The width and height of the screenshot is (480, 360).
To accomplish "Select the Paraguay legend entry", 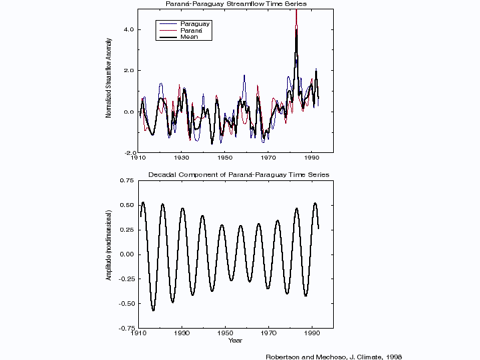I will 194,24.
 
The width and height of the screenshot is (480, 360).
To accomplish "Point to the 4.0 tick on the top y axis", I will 128,29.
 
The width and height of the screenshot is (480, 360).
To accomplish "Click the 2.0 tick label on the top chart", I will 128,71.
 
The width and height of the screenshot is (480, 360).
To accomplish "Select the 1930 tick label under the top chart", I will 182,159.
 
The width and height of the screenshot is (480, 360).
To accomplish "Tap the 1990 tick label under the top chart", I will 312,159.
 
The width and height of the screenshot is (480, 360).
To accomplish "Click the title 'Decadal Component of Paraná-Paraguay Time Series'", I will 238,175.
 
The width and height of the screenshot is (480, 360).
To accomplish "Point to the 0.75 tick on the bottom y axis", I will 127,180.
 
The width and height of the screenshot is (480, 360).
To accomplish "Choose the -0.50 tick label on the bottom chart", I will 126,303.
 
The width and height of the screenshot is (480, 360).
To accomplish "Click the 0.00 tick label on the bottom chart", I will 127,254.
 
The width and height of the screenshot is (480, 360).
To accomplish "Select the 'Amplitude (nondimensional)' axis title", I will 108,254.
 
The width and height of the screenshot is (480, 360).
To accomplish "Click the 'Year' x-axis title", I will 235,341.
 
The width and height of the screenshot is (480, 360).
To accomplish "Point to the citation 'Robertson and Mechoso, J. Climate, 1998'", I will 334,356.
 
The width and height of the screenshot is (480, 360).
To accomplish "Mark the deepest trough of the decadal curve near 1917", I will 153,310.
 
